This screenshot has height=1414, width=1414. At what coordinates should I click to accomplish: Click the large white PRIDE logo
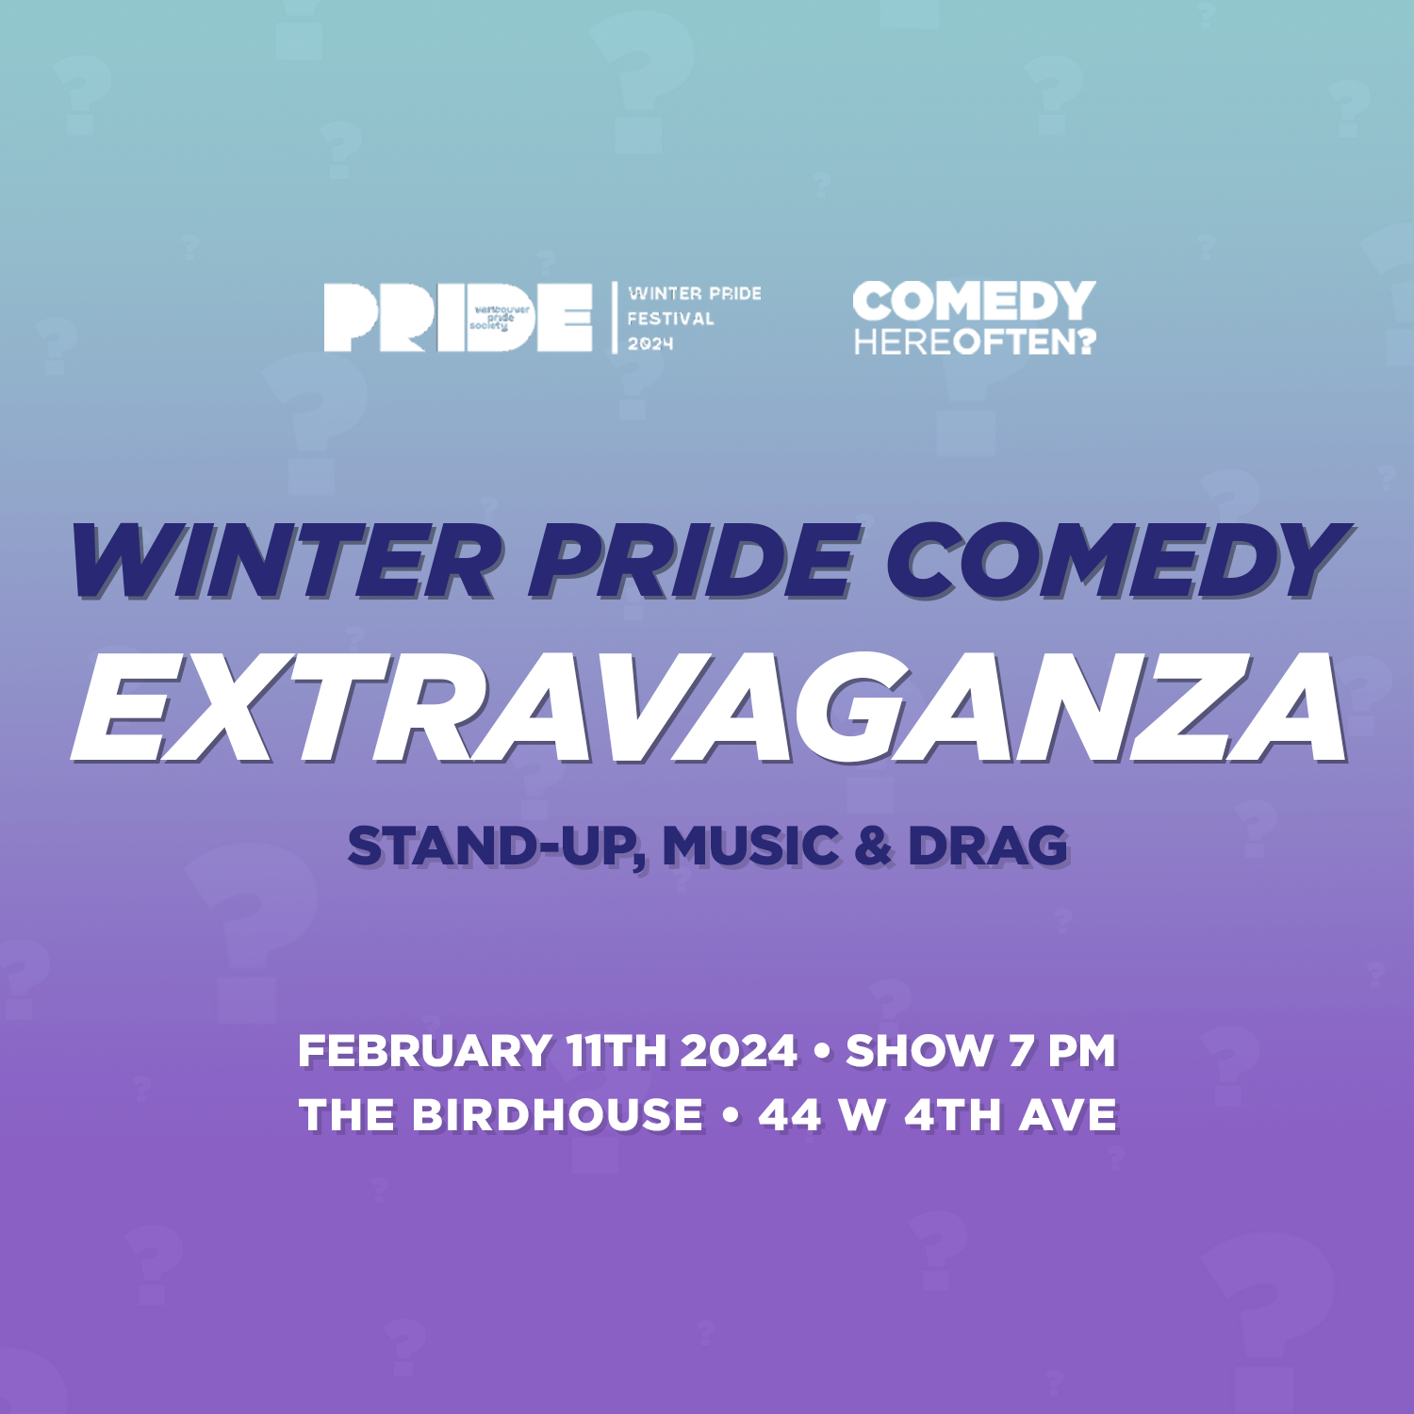[458, 318]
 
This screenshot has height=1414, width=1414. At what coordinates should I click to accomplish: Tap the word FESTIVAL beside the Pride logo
[671, 319]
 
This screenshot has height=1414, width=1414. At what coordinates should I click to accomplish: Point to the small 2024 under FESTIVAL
[650, 344]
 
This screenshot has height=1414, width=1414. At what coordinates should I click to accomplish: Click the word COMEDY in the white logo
[975, 303]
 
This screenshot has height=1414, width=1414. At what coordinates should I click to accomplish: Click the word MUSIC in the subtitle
[750, 846]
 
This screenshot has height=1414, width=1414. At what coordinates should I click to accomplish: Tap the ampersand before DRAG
[874, 846]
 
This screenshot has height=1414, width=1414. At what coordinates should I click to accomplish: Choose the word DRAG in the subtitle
[988, 846]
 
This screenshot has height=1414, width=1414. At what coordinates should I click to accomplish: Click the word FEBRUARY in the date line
[425, 1051]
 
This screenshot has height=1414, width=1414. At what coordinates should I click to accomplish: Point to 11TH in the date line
[616, 1051]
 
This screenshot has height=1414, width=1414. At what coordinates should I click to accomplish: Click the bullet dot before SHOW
[821, 1051]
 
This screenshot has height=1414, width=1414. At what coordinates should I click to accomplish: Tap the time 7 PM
[1062, 1051]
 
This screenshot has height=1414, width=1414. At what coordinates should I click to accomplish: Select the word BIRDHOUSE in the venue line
[557, 1115]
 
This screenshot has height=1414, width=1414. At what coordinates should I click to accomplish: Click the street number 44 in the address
[791, 1115]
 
